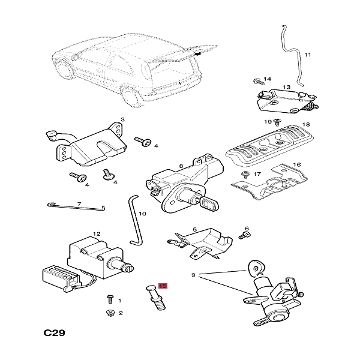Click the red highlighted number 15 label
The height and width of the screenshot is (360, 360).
pyautogui.click(x=162, y=287)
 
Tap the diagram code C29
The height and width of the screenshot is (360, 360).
pyautogui.click(x=54, y=332)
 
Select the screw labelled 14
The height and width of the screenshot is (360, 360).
pyautogui.click(x=256, y=80)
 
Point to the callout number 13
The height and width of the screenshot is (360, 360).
pyautogui.click(x=286, y=87)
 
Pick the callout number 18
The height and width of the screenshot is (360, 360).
pyautogui.click(x=306, y=124)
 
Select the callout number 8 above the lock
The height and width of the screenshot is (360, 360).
pyautogui.click(x=181, y=166)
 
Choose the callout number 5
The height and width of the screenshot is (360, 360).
pyautogui.click(x=194, y=229)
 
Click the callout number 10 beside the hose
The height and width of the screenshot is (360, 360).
pyautogui.click(x=142, y=213)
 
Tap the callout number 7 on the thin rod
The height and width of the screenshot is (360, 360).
pyautogui.click(x=79, y=204)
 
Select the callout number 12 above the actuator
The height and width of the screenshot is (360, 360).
pyautogui.click(x=97, y=234)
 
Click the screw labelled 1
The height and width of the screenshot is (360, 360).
pyautogui.click(x=110, y=298)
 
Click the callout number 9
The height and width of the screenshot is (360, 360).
pyautogui.click(x=194, y=275)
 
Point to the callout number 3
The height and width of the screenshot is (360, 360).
pyautogui.click(x=122, y=119)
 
